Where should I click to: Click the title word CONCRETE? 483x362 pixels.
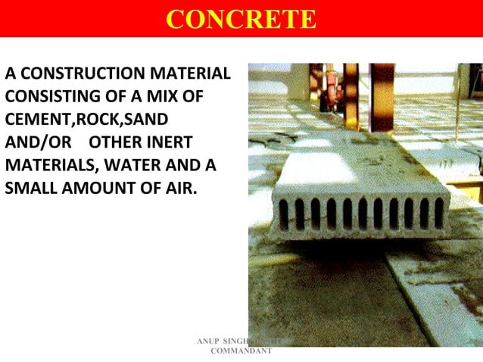pyautogui.click(x=241, y=19)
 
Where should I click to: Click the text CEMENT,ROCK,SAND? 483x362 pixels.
pyautogui.click(x=86, y=120)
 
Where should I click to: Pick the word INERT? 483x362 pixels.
pyautogui.click(x=169, y=142)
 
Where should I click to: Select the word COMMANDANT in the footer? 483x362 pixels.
pyautogui.click(x=241, y=353)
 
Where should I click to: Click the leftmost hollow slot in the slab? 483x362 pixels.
pyautogui.click(x=283, y=214)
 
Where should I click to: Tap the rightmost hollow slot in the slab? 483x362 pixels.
pyautogui.click(x=438, y=213)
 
